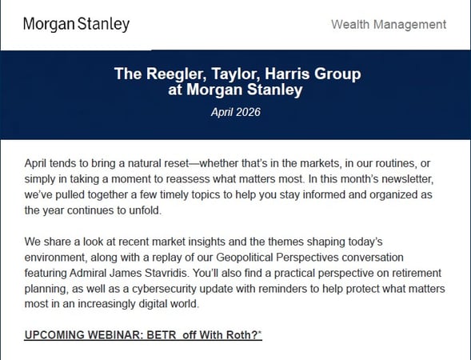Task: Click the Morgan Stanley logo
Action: [x=76, y=24]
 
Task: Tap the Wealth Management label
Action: [x=389, y=24]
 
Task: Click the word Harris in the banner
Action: [x=287, y=74]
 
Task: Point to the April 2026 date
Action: [x=235, y=112]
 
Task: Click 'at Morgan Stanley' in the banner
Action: [x=235, y=90]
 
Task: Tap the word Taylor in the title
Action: [x=235, y=74]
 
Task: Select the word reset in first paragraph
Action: [x=177, y=163]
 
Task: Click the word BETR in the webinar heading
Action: [x=162, y=334]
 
